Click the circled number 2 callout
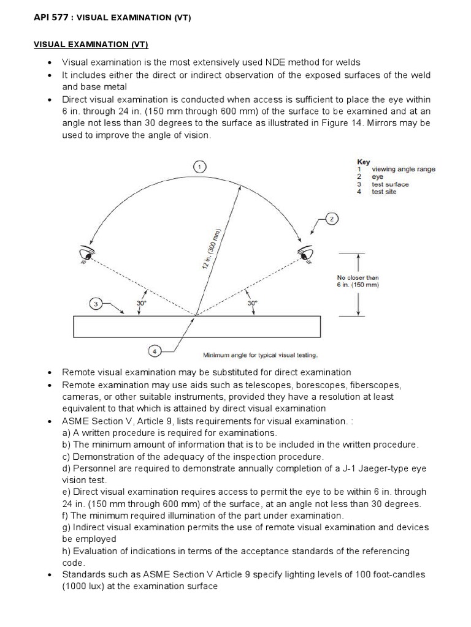click(x=332, y=219)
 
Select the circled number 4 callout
click(x=155, y=351)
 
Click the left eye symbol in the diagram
click(x=86, y=252)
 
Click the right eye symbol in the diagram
click(x=304, y=252)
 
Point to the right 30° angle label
click(x=252, y=302)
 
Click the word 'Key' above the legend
click(x=364, y=162)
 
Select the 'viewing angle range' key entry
click(x=403, y=169)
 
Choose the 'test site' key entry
click(x=384, y=192)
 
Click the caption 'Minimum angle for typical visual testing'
click(x=260, y=355)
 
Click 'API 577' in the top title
click(x=49, y=18)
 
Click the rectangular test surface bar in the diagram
click(x=196, y=326)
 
